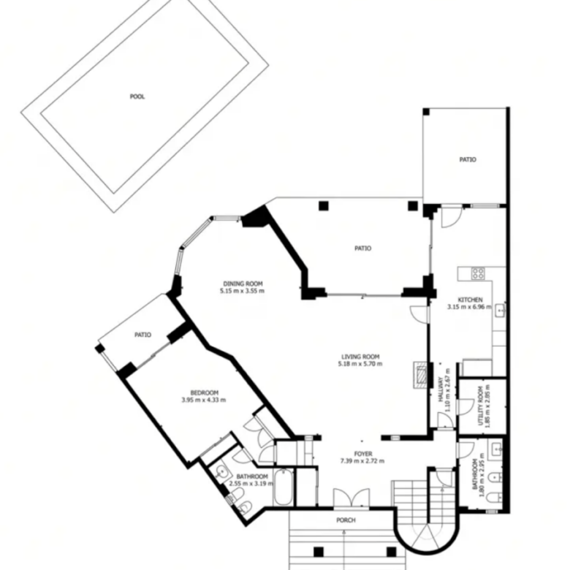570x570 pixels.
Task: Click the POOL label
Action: (137, 96)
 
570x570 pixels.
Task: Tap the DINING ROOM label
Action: (243, 284)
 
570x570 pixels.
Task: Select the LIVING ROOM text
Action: (360, 357)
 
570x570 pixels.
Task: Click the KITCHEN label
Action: (470, 300)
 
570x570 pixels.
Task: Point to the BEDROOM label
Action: (205, 393)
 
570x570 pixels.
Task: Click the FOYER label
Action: (363, 454)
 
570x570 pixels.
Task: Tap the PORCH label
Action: (346, 520)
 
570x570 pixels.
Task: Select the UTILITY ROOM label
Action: (481, 406)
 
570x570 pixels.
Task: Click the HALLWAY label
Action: (441, 389)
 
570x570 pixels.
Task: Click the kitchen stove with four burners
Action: (478, 273)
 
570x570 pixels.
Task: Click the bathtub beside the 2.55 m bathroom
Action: (284, 487)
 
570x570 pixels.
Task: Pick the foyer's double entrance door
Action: (351, 498)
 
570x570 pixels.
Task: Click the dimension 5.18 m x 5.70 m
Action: (360, 364)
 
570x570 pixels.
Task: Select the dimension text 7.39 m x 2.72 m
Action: (362, 461)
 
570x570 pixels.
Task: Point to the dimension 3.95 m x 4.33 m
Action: (204, 400)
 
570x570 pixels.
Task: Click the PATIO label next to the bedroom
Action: (142, 335)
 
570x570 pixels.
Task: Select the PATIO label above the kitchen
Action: (468, 159)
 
